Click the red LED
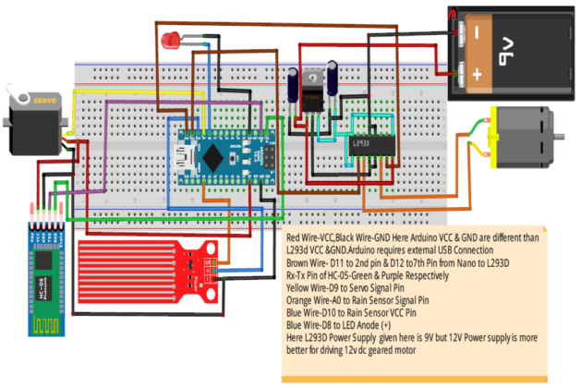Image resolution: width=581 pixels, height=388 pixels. [x=170, y=41]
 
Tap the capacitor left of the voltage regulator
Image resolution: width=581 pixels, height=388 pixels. [x=293, y=89]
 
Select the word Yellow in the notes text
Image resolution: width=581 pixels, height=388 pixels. [x=304, y=288]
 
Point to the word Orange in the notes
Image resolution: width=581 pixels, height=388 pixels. [x=305, y=300]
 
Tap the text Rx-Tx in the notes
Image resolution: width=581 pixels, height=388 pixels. [x=301, y=275]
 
